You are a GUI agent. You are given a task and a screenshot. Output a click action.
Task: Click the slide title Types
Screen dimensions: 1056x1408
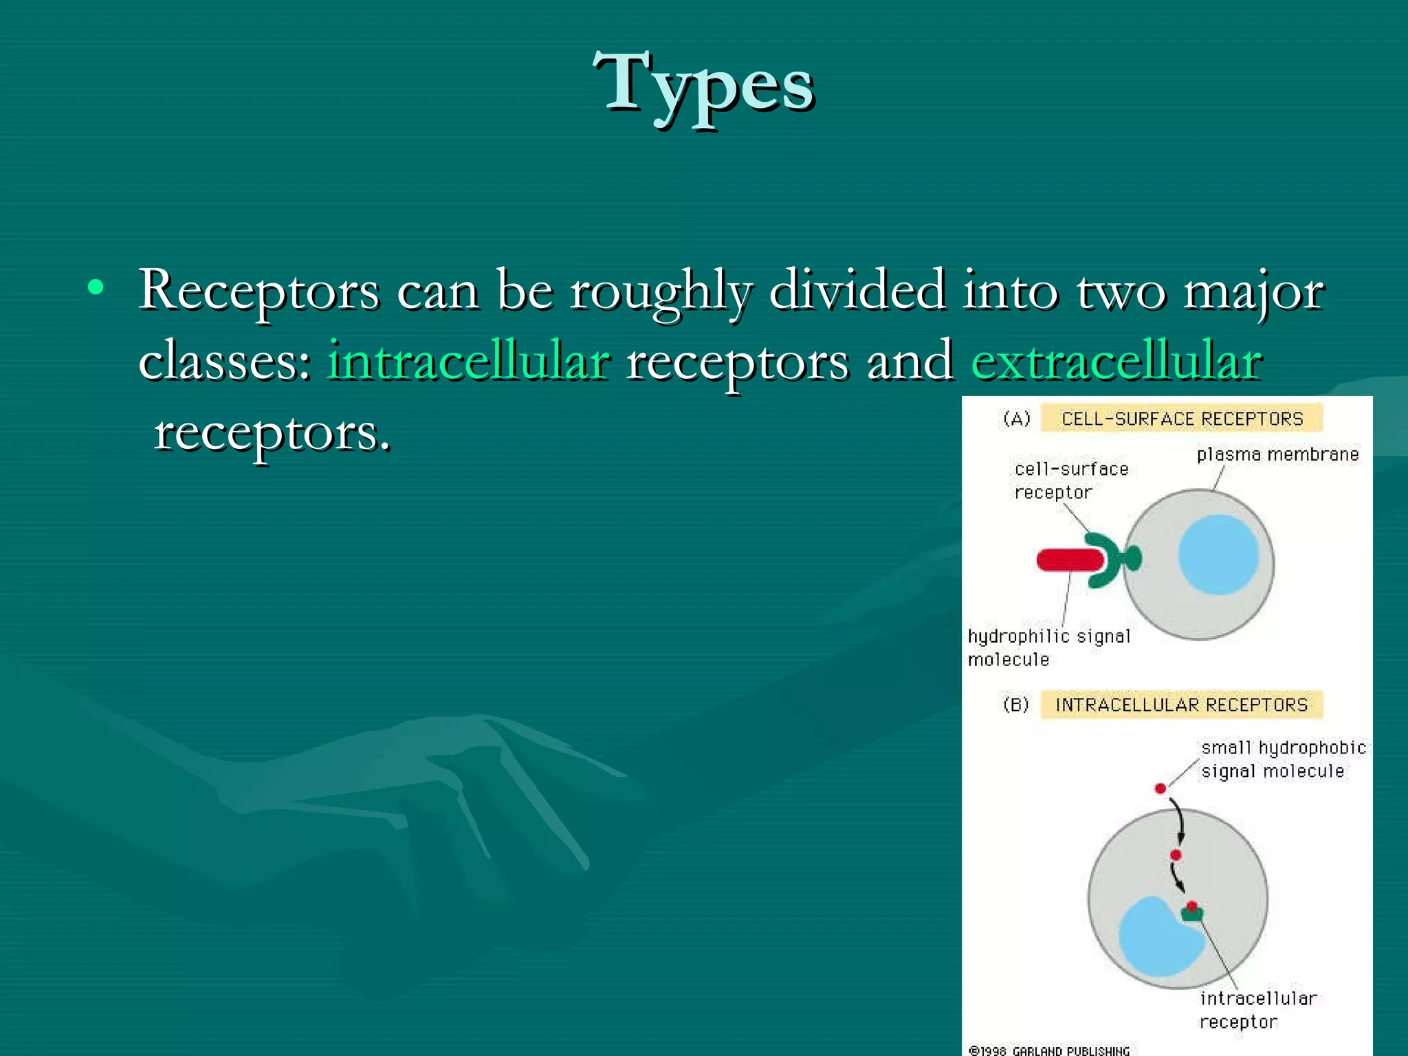[x=703, y=86]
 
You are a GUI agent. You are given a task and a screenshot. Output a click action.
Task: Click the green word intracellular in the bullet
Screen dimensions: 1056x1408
[x=468, y=361]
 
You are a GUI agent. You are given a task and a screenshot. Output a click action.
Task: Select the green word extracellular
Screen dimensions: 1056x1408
[x=1116, y=361]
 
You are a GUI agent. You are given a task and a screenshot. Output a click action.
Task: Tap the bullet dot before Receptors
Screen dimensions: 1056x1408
[x=96, y=288]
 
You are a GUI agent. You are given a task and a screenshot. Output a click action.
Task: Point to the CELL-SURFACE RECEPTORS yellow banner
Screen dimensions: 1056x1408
[x=1181, y=419]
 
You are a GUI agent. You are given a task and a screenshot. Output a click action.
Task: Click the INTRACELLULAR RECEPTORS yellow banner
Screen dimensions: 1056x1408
[x=1181, y=705]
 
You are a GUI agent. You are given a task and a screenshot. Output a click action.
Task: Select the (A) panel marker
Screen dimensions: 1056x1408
[x=1016, y=419]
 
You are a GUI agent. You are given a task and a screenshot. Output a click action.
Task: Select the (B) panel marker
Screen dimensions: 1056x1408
[x=1016, y=705]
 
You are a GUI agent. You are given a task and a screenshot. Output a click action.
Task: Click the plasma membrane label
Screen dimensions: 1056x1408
[x=1277, y=454]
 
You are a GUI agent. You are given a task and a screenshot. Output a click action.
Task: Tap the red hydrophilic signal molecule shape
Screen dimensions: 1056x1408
[x=1068, y=560]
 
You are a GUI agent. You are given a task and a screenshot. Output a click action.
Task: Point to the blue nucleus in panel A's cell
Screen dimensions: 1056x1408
[x=1218, y=554]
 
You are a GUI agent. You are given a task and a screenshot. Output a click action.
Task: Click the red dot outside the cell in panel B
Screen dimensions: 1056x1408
[x=1160, y=789]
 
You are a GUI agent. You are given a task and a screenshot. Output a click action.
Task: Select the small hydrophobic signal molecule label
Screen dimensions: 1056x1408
[x=1281, y=759]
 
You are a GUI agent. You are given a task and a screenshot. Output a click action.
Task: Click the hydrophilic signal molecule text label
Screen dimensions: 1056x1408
[x=1048, y=648]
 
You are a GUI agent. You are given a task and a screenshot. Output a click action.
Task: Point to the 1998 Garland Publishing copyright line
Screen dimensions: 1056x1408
[x=1049, y=1050]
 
